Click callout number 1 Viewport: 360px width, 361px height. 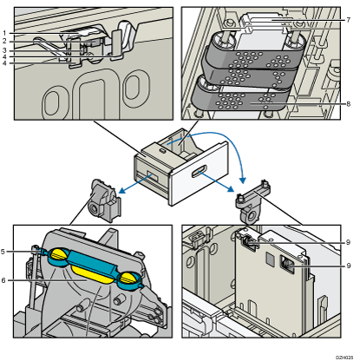(x=4, y=33)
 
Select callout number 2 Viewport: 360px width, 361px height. (x=4, y=42)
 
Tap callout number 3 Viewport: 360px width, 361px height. (x=4, y=50)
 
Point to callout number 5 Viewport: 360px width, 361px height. (x=3, y=252)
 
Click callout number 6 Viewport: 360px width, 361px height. (x=3, y=280)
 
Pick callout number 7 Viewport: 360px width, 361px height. (x=349, y=20)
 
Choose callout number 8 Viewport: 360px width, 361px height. (x=349, y=104)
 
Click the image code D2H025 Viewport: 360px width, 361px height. (x=344, y=358)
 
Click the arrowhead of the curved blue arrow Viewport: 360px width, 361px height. (x=243, y=180)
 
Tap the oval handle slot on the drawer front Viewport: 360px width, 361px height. (x=199, y=171)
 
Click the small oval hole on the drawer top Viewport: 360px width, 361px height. (x=163, y=150)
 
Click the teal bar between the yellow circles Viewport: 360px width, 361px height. (x=93, y=262)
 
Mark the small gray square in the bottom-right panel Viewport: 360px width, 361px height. (x=271, y=259)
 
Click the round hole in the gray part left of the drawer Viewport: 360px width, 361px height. (x=94, y=208)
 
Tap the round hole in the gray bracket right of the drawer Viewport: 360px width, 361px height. (x=251, y=216)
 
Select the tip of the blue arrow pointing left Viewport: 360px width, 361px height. (x=120, y=192)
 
